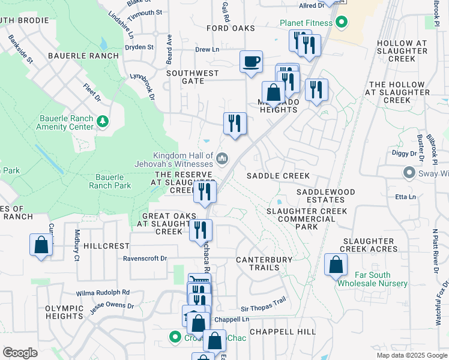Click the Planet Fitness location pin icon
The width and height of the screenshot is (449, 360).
342,23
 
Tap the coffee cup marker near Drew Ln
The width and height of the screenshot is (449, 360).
251,61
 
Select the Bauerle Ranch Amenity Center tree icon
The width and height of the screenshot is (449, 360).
103,122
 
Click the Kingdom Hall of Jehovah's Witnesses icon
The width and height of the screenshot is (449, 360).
222,158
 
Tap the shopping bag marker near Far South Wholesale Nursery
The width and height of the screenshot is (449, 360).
336,264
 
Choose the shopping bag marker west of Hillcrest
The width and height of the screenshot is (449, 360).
41,245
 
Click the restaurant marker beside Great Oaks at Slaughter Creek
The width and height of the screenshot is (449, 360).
200,230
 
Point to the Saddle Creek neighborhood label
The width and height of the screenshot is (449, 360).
279,176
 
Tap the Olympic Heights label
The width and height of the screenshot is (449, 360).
64,312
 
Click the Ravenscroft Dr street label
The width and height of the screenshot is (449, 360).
145,259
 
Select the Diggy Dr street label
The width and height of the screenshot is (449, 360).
406,154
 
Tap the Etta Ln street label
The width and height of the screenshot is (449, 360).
406,197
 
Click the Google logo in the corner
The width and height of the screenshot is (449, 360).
20,353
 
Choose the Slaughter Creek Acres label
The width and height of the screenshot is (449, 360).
369,245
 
